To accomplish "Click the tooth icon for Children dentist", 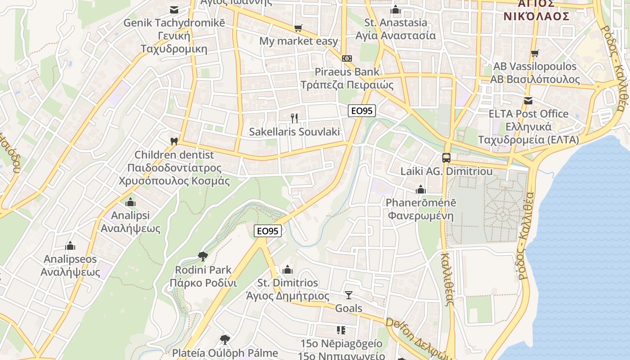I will coord(174,141).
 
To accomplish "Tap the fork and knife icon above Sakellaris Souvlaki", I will coord(294,118).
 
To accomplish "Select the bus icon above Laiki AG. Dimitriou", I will coord(446,158).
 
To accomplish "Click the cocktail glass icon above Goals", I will coord(349,295).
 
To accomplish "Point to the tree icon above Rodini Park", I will coord(203,256).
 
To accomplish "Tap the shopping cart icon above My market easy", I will coord(298,28).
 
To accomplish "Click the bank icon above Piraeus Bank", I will coord(346,58).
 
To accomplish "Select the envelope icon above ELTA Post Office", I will coord(528,100).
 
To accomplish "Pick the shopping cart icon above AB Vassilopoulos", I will coord(535,53).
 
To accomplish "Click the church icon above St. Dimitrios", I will coord(288,270).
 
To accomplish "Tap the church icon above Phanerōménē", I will coord(421,189).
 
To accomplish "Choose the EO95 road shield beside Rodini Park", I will coord(268,231).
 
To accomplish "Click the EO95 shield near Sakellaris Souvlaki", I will coord(362,111).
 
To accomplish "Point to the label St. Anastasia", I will coord(396,22).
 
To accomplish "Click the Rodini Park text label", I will coord(203,270).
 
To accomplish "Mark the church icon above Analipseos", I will coord(70,246).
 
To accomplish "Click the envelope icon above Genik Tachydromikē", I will coord(174,9).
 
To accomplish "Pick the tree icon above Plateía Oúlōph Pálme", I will coord(225,339).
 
